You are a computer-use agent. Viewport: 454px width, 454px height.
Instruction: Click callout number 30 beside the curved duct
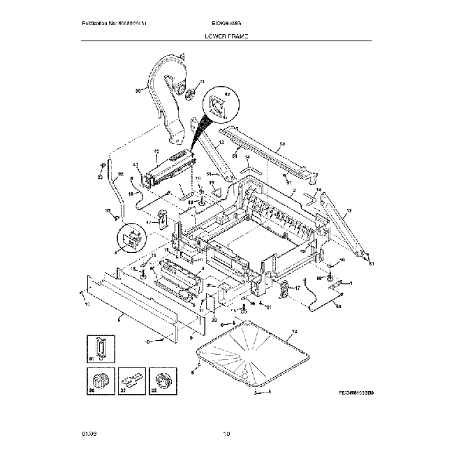[138, 90]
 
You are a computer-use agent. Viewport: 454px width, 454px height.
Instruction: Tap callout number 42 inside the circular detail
[226, 92]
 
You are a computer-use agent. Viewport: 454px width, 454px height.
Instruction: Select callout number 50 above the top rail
[282, 145]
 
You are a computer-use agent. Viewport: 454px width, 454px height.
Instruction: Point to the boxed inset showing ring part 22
[161, 381]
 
